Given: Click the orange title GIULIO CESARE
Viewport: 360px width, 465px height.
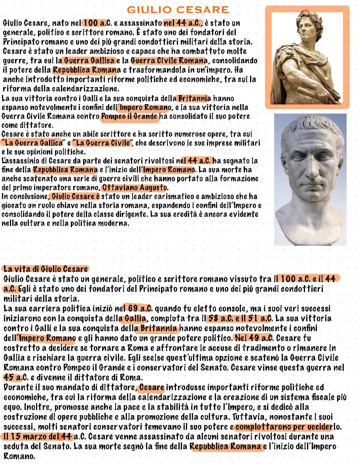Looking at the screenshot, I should point(178,10).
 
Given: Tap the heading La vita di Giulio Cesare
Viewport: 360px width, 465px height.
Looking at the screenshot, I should point(46,269).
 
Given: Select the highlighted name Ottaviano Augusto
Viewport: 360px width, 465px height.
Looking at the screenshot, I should point(135,187).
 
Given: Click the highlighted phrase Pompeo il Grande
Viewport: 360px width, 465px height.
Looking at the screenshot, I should point(129,116).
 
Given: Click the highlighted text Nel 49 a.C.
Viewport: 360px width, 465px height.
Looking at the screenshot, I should point(254,338).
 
